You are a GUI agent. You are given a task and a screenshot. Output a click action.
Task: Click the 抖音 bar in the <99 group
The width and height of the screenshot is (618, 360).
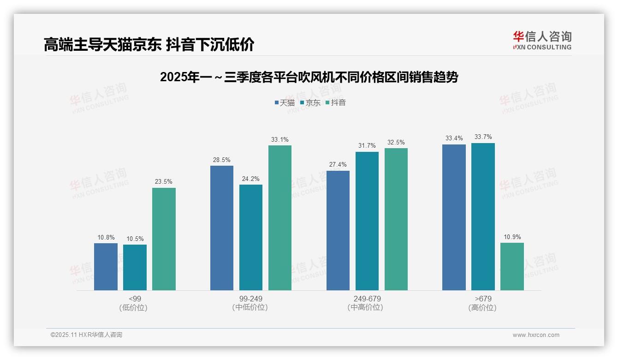164,239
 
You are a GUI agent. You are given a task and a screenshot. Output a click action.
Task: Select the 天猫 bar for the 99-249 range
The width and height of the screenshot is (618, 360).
222,228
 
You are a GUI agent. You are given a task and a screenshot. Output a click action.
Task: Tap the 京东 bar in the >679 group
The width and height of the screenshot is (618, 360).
483,216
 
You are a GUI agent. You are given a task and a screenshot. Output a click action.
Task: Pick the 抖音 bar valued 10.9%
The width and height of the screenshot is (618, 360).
512,266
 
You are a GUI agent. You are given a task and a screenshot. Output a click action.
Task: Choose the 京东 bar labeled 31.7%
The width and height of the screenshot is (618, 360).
367,221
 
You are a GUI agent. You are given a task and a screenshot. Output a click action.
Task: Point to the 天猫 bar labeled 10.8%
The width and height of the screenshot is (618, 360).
106,267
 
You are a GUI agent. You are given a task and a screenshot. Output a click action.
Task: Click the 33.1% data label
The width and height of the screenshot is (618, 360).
280,139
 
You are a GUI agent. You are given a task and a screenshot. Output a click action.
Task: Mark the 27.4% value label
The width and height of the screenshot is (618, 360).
338,165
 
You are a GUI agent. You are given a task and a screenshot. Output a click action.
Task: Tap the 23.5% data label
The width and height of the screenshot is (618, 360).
164,182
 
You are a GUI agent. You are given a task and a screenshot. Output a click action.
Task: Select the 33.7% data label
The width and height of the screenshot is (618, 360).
483,137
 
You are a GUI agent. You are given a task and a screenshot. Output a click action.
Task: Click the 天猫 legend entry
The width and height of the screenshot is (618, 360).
285,103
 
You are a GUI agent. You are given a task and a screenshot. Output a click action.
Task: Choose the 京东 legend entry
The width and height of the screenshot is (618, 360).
310,103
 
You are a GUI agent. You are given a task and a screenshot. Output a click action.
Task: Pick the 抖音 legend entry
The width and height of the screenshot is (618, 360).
336,103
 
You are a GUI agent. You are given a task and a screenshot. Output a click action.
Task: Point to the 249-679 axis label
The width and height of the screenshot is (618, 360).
367,299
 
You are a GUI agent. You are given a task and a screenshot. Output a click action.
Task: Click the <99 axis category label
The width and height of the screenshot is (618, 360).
135,299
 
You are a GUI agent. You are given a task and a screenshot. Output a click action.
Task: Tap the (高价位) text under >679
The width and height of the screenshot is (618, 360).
483,308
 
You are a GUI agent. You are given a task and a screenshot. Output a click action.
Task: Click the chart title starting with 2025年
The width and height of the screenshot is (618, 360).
309,77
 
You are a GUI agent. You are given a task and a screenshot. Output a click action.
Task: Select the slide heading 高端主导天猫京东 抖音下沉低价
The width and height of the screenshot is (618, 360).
149,45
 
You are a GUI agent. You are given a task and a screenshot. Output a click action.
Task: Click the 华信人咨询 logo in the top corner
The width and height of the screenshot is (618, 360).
542,40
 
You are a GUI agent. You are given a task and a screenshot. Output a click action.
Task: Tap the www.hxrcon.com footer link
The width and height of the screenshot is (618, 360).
536,335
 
